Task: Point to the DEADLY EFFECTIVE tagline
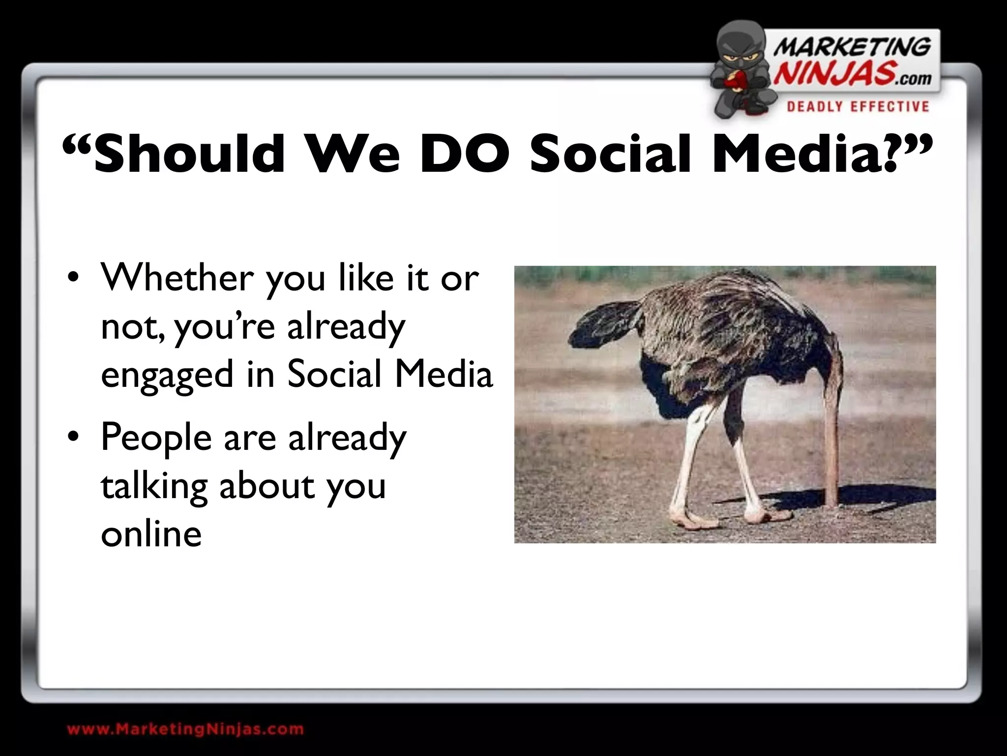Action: tap(858, 107)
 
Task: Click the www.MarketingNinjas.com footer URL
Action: tap(185, 729)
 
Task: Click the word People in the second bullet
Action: tap(156, 437)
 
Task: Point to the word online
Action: tap(151, 534)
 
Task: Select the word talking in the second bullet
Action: tap(153, 486)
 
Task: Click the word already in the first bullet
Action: tap(346, 326)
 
